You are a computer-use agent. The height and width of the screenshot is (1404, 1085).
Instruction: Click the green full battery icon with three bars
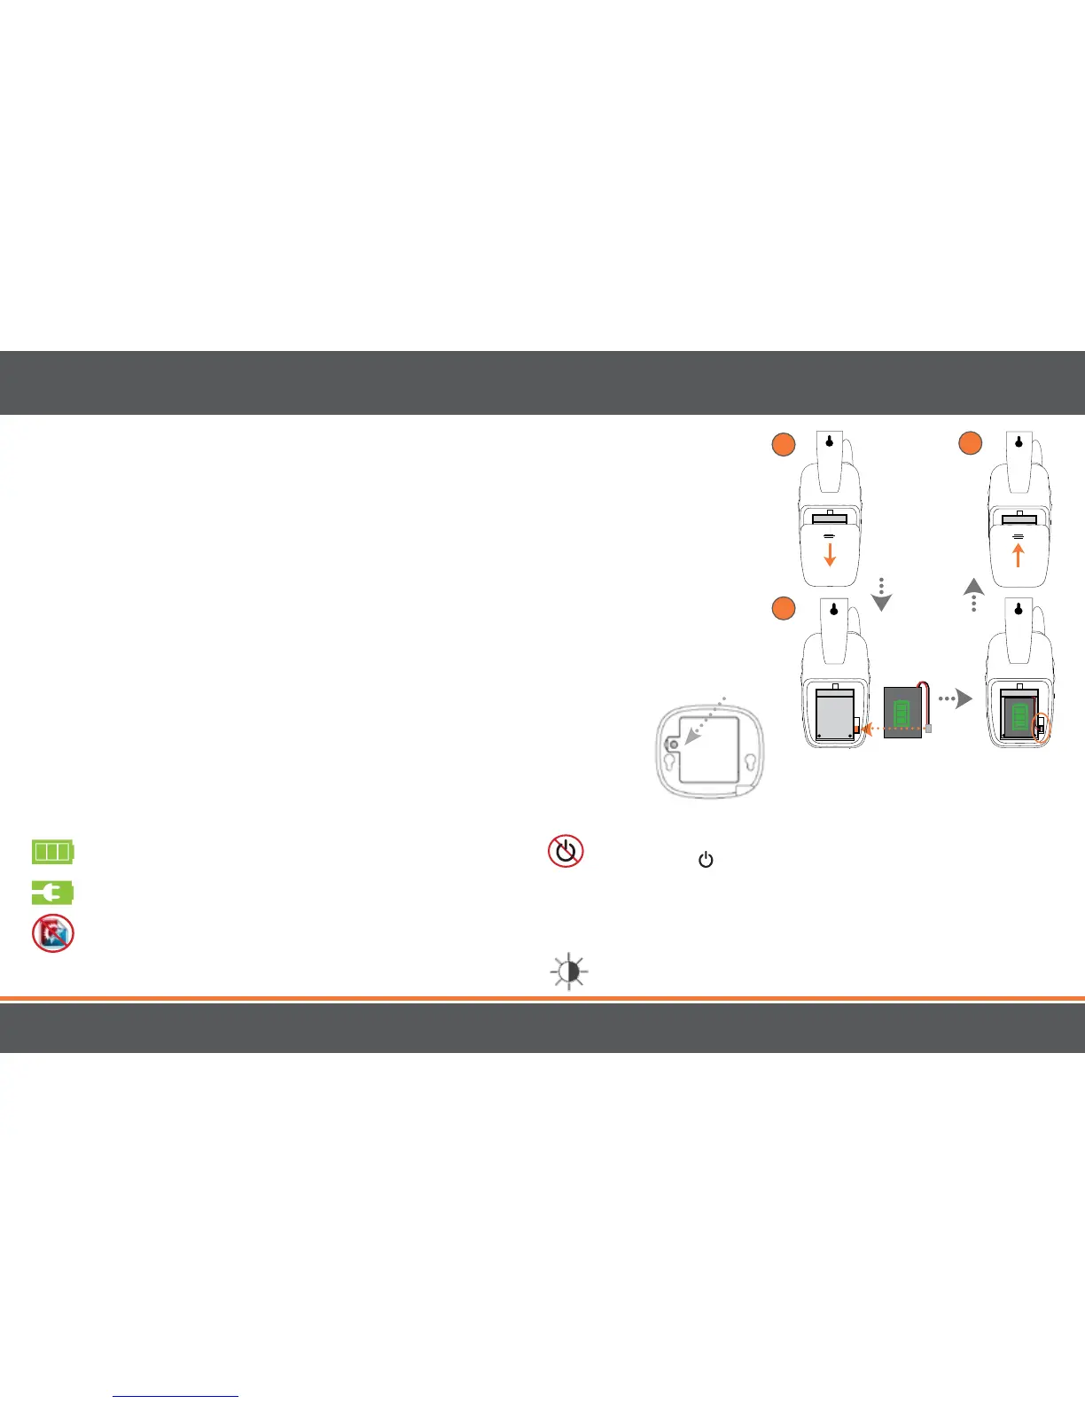(53, 853)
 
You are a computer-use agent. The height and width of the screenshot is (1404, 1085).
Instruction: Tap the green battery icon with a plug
(53, 893)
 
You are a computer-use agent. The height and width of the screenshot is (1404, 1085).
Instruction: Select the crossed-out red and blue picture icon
(53, 933)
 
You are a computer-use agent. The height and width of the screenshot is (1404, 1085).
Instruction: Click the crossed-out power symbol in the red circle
(566, 851)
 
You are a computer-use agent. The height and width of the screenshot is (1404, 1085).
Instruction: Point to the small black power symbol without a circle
(706, 860)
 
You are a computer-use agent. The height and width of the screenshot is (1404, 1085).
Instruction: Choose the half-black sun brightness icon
(570, 972)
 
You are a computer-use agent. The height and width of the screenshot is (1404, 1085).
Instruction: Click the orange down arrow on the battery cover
(830, 555)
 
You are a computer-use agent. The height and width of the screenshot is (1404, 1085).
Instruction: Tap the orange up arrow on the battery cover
(1018, 555)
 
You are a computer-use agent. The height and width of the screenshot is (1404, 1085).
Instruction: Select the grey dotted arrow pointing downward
(881, 596)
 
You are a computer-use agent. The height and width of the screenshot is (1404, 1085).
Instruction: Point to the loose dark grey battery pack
(902, 713)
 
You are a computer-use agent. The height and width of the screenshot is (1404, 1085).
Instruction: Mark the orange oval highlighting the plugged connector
(1042, 727)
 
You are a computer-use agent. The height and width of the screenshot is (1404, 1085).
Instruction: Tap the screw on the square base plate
(673, 746)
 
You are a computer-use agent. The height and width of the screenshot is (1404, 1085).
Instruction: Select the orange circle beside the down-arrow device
(783, 445)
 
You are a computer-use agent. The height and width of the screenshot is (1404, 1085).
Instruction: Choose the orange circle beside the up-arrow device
(971, 445)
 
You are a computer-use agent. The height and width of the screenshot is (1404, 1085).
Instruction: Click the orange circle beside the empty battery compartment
(783, 609)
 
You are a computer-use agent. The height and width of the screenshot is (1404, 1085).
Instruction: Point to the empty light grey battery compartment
(833, 714)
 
